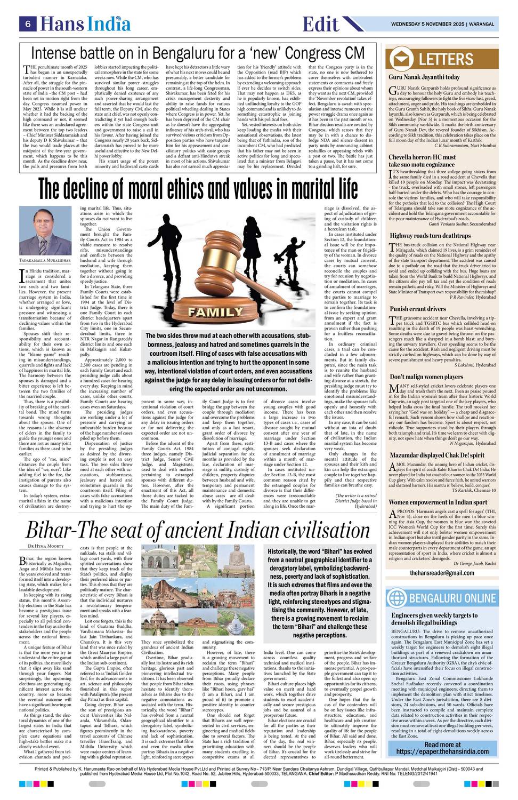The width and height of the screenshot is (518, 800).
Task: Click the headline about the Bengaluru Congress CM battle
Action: coord(198,53)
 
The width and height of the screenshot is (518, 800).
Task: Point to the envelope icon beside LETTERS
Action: coord(401,59)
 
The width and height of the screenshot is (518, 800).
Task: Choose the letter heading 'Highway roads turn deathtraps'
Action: coord(430,235)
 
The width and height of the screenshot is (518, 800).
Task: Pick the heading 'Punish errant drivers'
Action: coord(417,309)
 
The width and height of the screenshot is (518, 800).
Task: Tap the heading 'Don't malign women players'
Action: coord(426,377)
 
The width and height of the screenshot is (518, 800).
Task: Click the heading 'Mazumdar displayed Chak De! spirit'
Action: coord(436,455)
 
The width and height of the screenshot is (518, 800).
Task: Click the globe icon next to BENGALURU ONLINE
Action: coord(397,597)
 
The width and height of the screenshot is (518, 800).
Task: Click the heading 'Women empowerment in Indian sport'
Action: coord(438,502)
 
